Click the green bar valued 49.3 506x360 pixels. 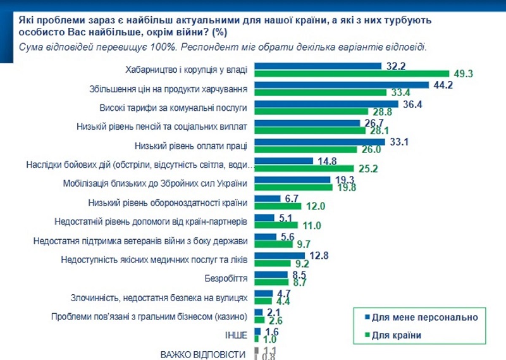[351, 74]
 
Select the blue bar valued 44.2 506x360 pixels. [342, 85]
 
